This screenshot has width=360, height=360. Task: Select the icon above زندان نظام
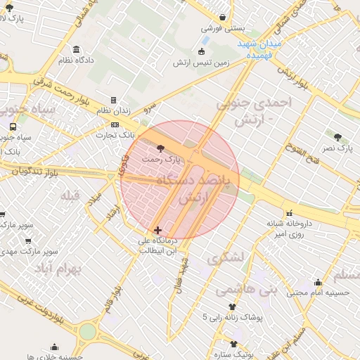[x=113, y=101]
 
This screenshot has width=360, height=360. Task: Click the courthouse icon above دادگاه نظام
[x=76, y=49]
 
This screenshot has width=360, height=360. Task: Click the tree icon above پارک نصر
[x=337, y=137]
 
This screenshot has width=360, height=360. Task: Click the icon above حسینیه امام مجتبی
[x=318, y=282]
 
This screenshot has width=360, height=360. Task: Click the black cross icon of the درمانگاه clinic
[x=157, y=230]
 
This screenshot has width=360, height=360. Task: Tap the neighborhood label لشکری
[x=225, y=257]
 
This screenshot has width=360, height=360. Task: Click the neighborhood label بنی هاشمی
[x=246, y=288]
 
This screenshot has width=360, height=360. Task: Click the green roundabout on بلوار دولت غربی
[x=87, y=331]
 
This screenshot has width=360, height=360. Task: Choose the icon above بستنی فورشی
[x=222, y=18]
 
